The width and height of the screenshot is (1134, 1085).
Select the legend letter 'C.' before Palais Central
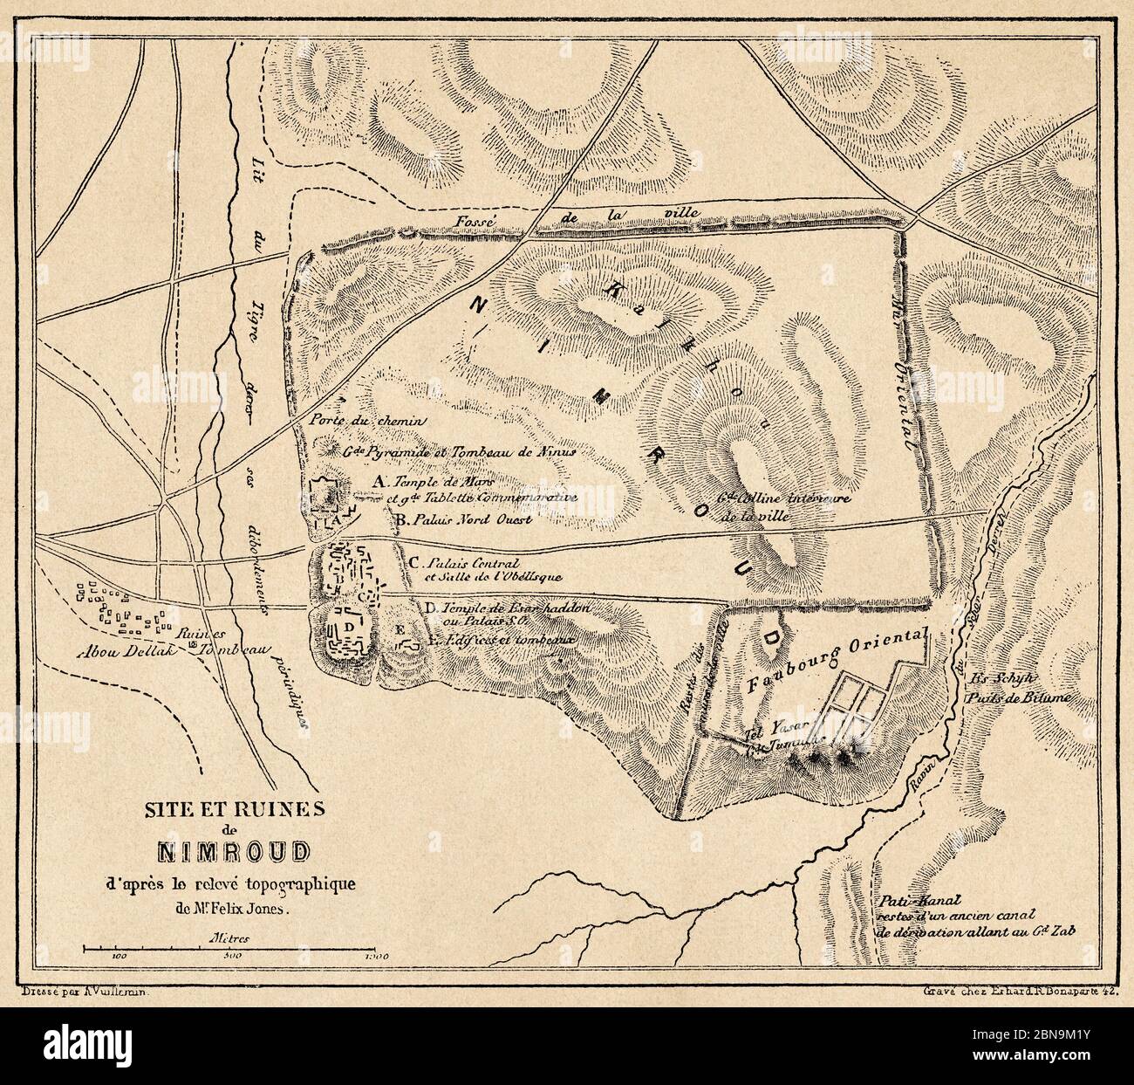(415, 562)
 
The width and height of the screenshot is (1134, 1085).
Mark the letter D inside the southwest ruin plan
(349, 627)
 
